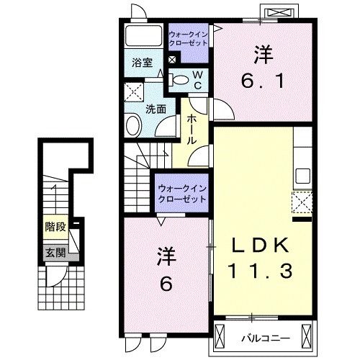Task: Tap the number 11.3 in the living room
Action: click(x=262, y=271)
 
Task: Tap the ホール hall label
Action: click(x=192, y=130)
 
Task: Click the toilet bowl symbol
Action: click(x=181, y=79)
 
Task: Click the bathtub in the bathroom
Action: click(x=143, y=38)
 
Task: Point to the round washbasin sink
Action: click(x=134, y=127)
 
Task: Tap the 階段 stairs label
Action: click(x=55, y=227)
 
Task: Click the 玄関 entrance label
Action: click(x=55, y=253)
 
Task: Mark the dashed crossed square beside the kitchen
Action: click(x=301, y=202)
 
